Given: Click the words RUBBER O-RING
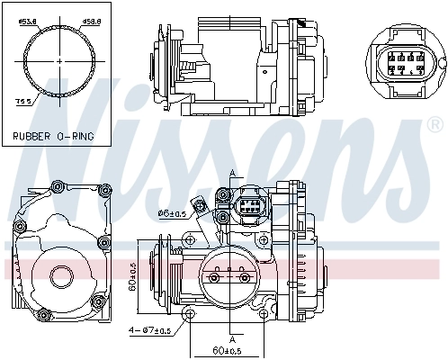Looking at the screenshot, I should [x=52, y=137].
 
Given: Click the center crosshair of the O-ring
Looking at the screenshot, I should [x=60, y=60].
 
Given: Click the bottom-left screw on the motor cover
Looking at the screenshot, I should [x=41, y=312].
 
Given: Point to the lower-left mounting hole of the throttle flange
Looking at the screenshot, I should [x=190, y=312].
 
